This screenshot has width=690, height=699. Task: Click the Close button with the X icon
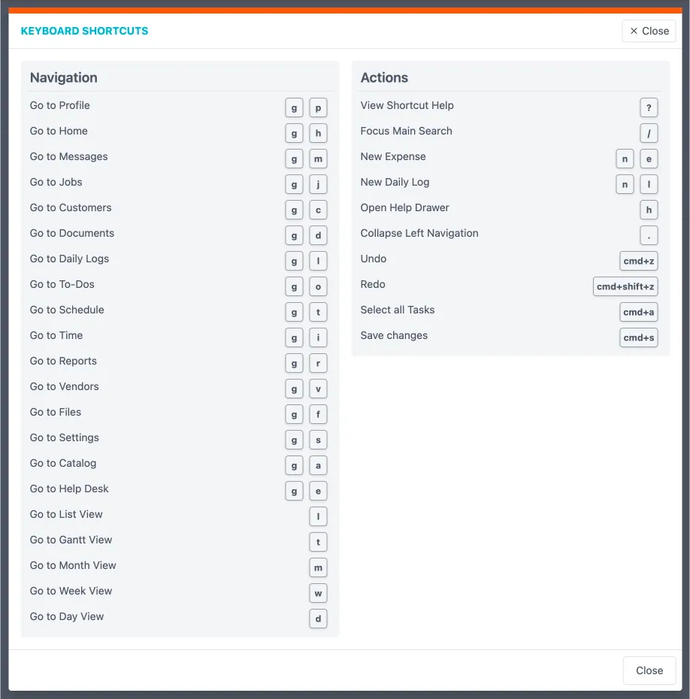click(x=649, y=31)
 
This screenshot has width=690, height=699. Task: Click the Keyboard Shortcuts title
click(x=84, y=31)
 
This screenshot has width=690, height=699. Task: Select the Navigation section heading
click(x=64, y=77)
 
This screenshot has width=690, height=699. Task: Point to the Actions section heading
click(x=384, y=77)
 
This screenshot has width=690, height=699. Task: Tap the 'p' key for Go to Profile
click(x=318, y=108)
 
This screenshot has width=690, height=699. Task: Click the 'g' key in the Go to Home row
click(x=294, y=134)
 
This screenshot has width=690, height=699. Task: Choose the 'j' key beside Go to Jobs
click(x=318, y=185)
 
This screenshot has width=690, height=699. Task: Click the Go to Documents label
click(x=72, y=233)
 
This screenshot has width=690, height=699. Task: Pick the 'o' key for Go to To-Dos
click(x=318, y=287)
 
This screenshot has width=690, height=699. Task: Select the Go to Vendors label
click(x=65, y=386)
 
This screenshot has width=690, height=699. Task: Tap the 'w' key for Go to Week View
click(x=318, y=594)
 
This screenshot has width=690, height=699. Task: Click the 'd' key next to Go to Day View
click(x=318, y=619)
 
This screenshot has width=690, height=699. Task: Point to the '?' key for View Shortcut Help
click(x=649, y=108)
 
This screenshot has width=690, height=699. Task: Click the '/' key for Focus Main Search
click(x=649, y=134)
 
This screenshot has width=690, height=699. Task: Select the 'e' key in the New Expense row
click(x=649, y=159)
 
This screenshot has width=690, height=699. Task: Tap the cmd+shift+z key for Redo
click(x=625, y=287)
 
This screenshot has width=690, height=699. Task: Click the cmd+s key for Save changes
click(x=639, y=338)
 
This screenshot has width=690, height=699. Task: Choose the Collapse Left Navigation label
click(x=419, y=233)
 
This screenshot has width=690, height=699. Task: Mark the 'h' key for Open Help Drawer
click(x=649, y=210)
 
